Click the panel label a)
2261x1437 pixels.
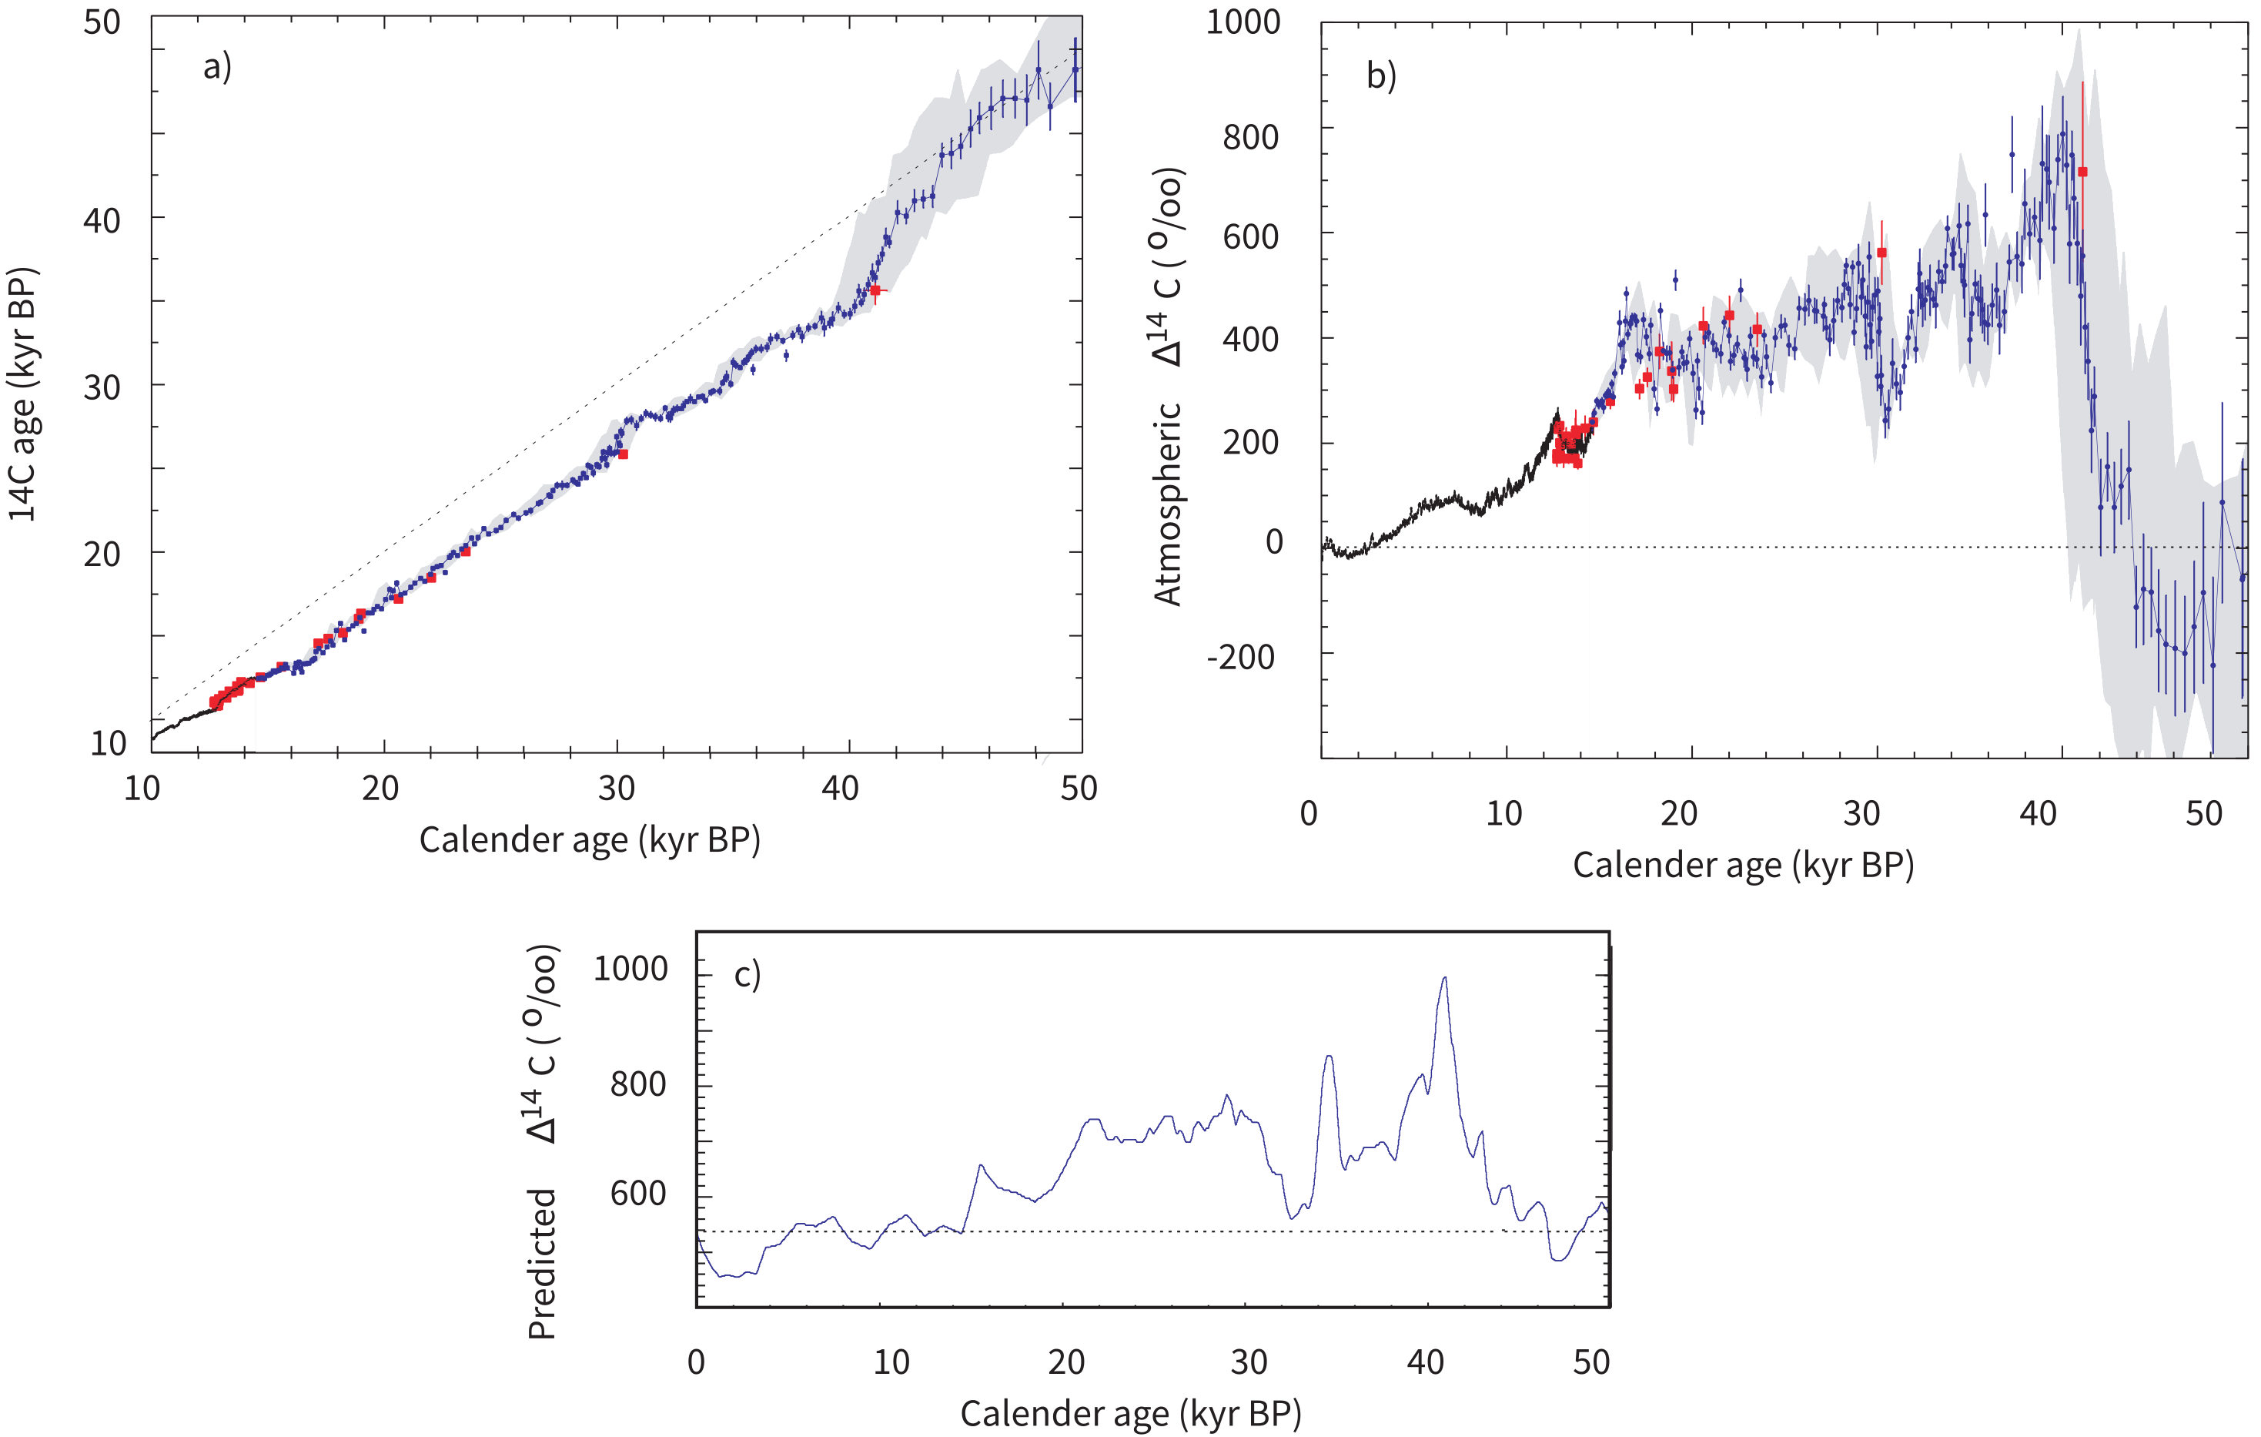click(217, 68)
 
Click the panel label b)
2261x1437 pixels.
click(1380, 76)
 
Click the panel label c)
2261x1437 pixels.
click(747, 975)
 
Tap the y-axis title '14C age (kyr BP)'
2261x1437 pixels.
click(23, 394)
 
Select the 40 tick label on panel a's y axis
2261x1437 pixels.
click(102, 221)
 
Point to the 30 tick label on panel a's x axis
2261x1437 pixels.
click(616, 788)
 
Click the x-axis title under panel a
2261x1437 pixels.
click(589, 839)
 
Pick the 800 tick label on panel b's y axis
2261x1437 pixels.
click(1249, 138)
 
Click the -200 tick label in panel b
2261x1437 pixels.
click(1240, 658)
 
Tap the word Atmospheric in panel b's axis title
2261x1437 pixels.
click(1167, 504)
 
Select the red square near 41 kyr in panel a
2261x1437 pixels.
click(875, 290)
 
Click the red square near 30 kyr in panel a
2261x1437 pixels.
click(623, 454)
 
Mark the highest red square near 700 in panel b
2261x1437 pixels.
click(2082, 172)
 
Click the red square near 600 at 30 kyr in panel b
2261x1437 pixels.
click(1881, 253)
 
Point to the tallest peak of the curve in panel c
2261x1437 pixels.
click(1444, 979)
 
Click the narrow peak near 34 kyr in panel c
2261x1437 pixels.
click(1328, 1057)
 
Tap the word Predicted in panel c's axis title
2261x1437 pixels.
click(543, 1263)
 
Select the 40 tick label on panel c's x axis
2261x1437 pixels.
click(1424, 1362)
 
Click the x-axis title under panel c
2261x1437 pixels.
click(1130, 1412)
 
